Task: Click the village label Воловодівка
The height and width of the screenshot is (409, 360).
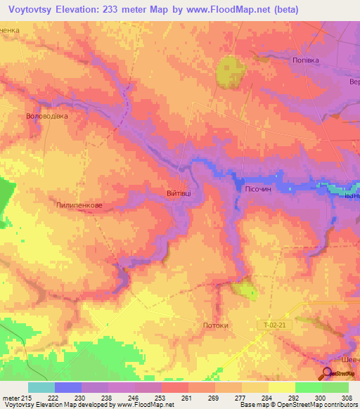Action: pyautogui.click(x=46, y=116)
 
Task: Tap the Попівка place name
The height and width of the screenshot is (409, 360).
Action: pyautogui.click(x=306, y=60)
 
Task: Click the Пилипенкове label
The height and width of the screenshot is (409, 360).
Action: pyautogui.click(x=79, y=205)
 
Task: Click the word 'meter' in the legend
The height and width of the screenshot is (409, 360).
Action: pyautogui.click(x=11, y=398)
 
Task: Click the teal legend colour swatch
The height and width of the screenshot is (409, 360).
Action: pyautogui.click(x=41, y=387)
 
